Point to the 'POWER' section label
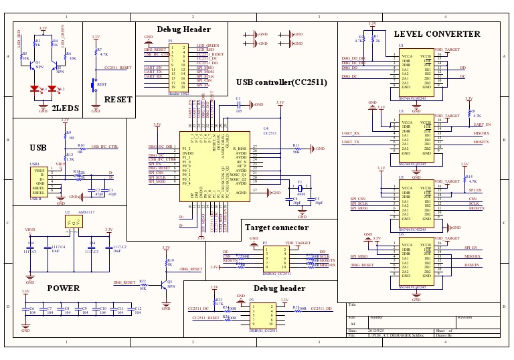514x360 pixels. click(x=64, y=288)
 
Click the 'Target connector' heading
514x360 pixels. click(x=276, y=228)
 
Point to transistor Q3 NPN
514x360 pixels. click(x=167, y=283)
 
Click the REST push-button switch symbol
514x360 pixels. click(x=93, y=85)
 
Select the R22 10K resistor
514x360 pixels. click(x=143, y=284)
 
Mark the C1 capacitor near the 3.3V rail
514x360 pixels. click(x=238, y=104)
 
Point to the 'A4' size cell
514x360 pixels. click(x=353, y=324)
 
